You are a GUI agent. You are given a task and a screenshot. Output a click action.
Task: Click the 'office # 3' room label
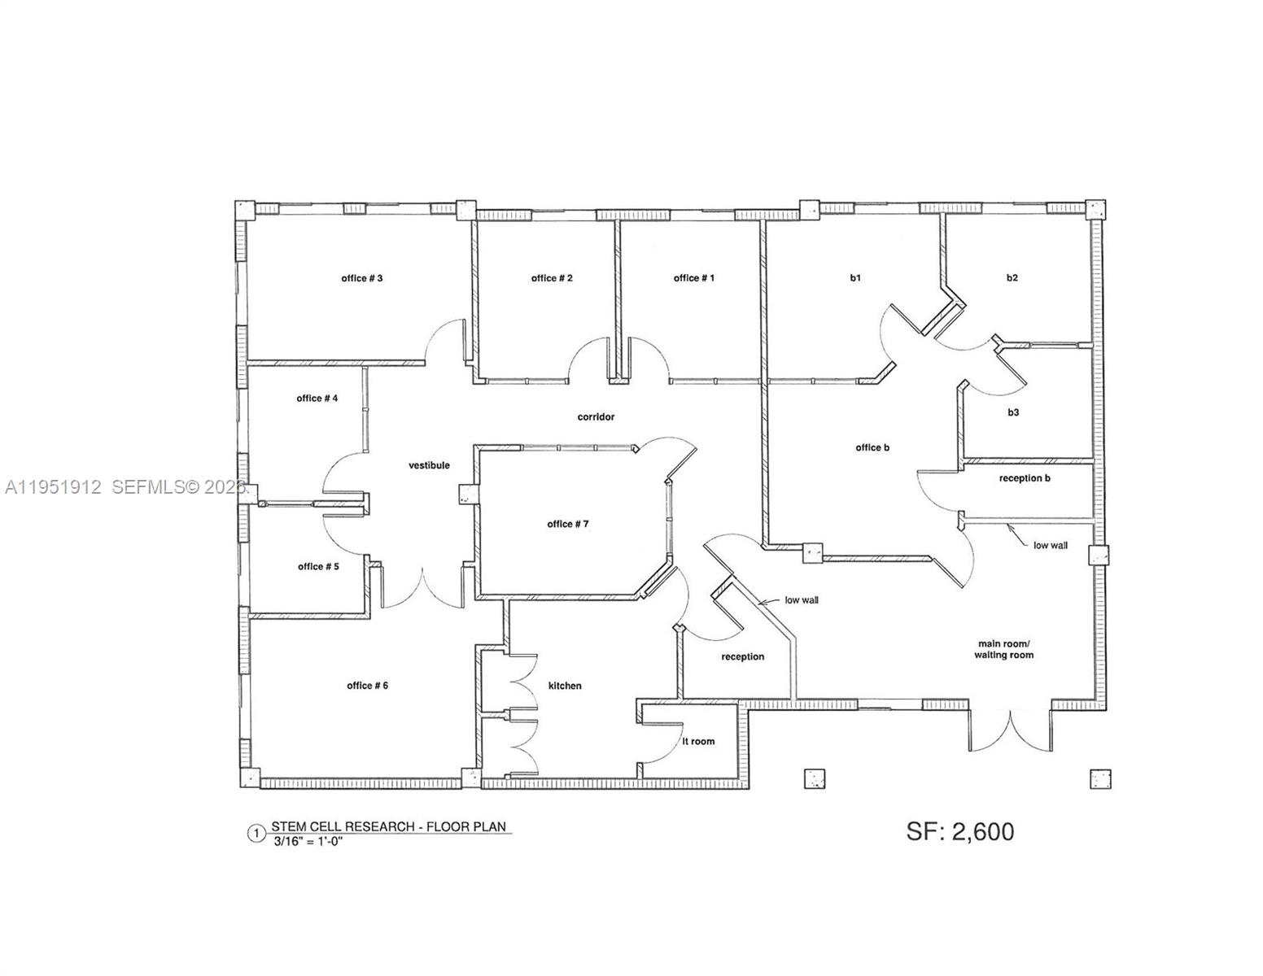tap(362, 278)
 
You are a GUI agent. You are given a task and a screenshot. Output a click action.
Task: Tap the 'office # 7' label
tap(567, 524)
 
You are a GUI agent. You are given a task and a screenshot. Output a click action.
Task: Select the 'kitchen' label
tap(565, 686)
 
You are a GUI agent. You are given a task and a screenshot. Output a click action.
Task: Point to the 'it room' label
tap(698, 741)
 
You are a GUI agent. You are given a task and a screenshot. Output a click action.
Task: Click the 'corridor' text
tap(596, 416)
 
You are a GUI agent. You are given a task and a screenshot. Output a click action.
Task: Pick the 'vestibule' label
tap(429, 465)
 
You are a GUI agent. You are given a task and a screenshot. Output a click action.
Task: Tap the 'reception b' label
tap(1025, 478)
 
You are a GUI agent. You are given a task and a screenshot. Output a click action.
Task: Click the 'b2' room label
tap(1012, 277)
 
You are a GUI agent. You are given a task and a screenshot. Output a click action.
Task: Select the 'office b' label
tap(872, 447)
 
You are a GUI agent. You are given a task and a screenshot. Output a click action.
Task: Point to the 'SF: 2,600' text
tap(960, 831)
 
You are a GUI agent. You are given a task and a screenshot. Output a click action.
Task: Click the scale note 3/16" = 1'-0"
tap(308, 843)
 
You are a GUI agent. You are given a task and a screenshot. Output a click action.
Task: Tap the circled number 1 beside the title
tap(256, 833)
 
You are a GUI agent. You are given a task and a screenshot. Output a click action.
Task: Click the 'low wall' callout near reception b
tap(1051, 545)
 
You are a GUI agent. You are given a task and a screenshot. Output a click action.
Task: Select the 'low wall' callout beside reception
tap(802, 600)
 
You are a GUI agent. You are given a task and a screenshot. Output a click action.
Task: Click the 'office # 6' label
tap(367, 686)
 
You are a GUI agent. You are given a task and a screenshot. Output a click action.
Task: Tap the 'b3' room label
tap(1013, 412)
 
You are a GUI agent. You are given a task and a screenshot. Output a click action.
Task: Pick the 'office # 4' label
tap(317, 398)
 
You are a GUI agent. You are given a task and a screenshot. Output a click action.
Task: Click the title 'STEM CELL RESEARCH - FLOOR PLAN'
tap(388, 827)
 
